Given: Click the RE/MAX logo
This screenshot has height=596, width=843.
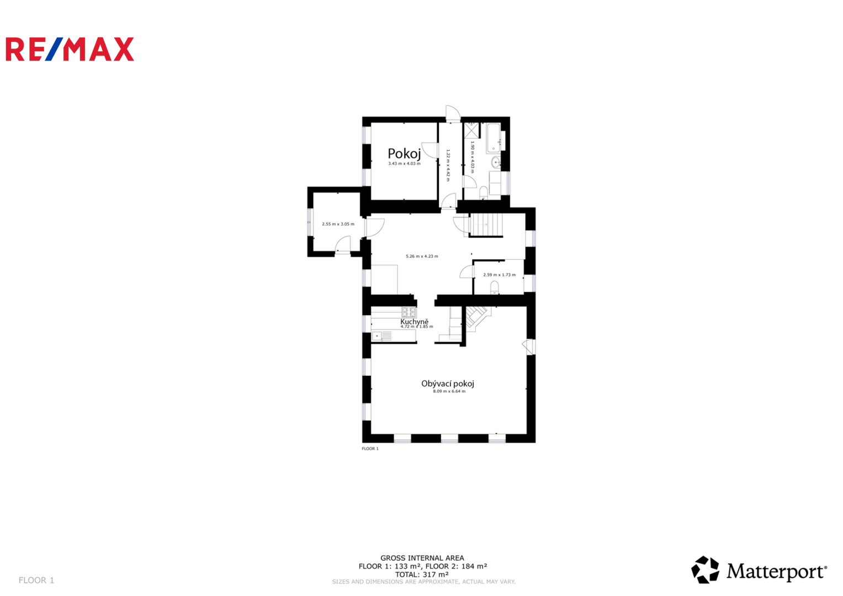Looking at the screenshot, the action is pyautogui.click(x=70, y=49).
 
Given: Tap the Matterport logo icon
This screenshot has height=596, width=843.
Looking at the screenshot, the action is pyautogui.click(x=705, y=570).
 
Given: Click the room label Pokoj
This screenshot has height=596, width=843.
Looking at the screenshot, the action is pyautogui.click(x=404, y=153).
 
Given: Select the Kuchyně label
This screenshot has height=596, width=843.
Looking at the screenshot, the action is pyautogui.click(x=415, y=322).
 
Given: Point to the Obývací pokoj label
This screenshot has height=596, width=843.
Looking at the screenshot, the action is pyautogui.click(x=448, y=384).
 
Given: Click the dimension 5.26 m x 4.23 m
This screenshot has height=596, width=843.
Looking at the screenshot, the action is pyautogui.click(x=422, y=256).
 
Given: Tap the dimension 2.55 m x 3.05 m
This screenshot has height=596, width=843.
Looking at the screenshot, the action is pyautogui.click(x=338, y=224).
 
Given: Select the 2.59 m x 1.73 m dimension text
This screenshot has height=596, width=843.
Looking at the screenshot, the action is pyautogui.click(x=500, y=275).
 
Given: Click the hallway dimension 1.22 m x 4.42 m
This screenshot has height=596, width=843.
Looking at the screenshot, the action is pyautogui.click(x=448, y=165).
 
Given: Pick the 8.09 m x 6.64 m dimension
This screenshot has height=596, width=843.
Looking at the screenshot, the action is pyautogui.click(x=449, y=391).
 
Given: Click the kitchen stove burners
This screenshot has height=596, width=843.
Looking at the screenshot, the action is pyautogui.click(x=409, y=312).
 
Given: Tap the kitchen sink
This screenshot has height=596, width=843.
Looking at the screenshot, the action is pyautogui.click(x=381, y=336).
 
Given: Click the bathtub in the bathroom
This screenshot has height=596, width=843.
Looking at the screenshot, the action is pyautogui.click(x=494, y=138).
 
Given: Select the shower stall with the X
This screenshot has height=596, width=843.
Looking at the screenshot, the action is pyautogui.click(x=471, y=130).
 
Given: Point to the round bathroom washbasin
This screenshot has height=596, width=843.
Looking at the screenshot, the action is pyautogui.click(x=496, y=163).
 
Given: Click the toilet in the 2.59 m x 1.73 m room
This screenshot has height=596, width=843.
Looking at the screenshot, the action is pyautogui.click(x=495, y=288).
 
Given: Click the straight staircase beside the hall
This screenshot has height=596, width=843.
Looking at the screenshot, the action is pyautogui.click(x=486, y=225).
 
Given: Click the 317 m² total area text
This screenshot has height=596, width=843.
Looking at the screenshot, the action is pyautogui.click(x=422, y=574).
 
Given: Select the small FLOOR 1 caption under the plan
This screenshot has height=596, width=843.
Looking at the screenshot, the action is pyautogui.click(x=370, y=449).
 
